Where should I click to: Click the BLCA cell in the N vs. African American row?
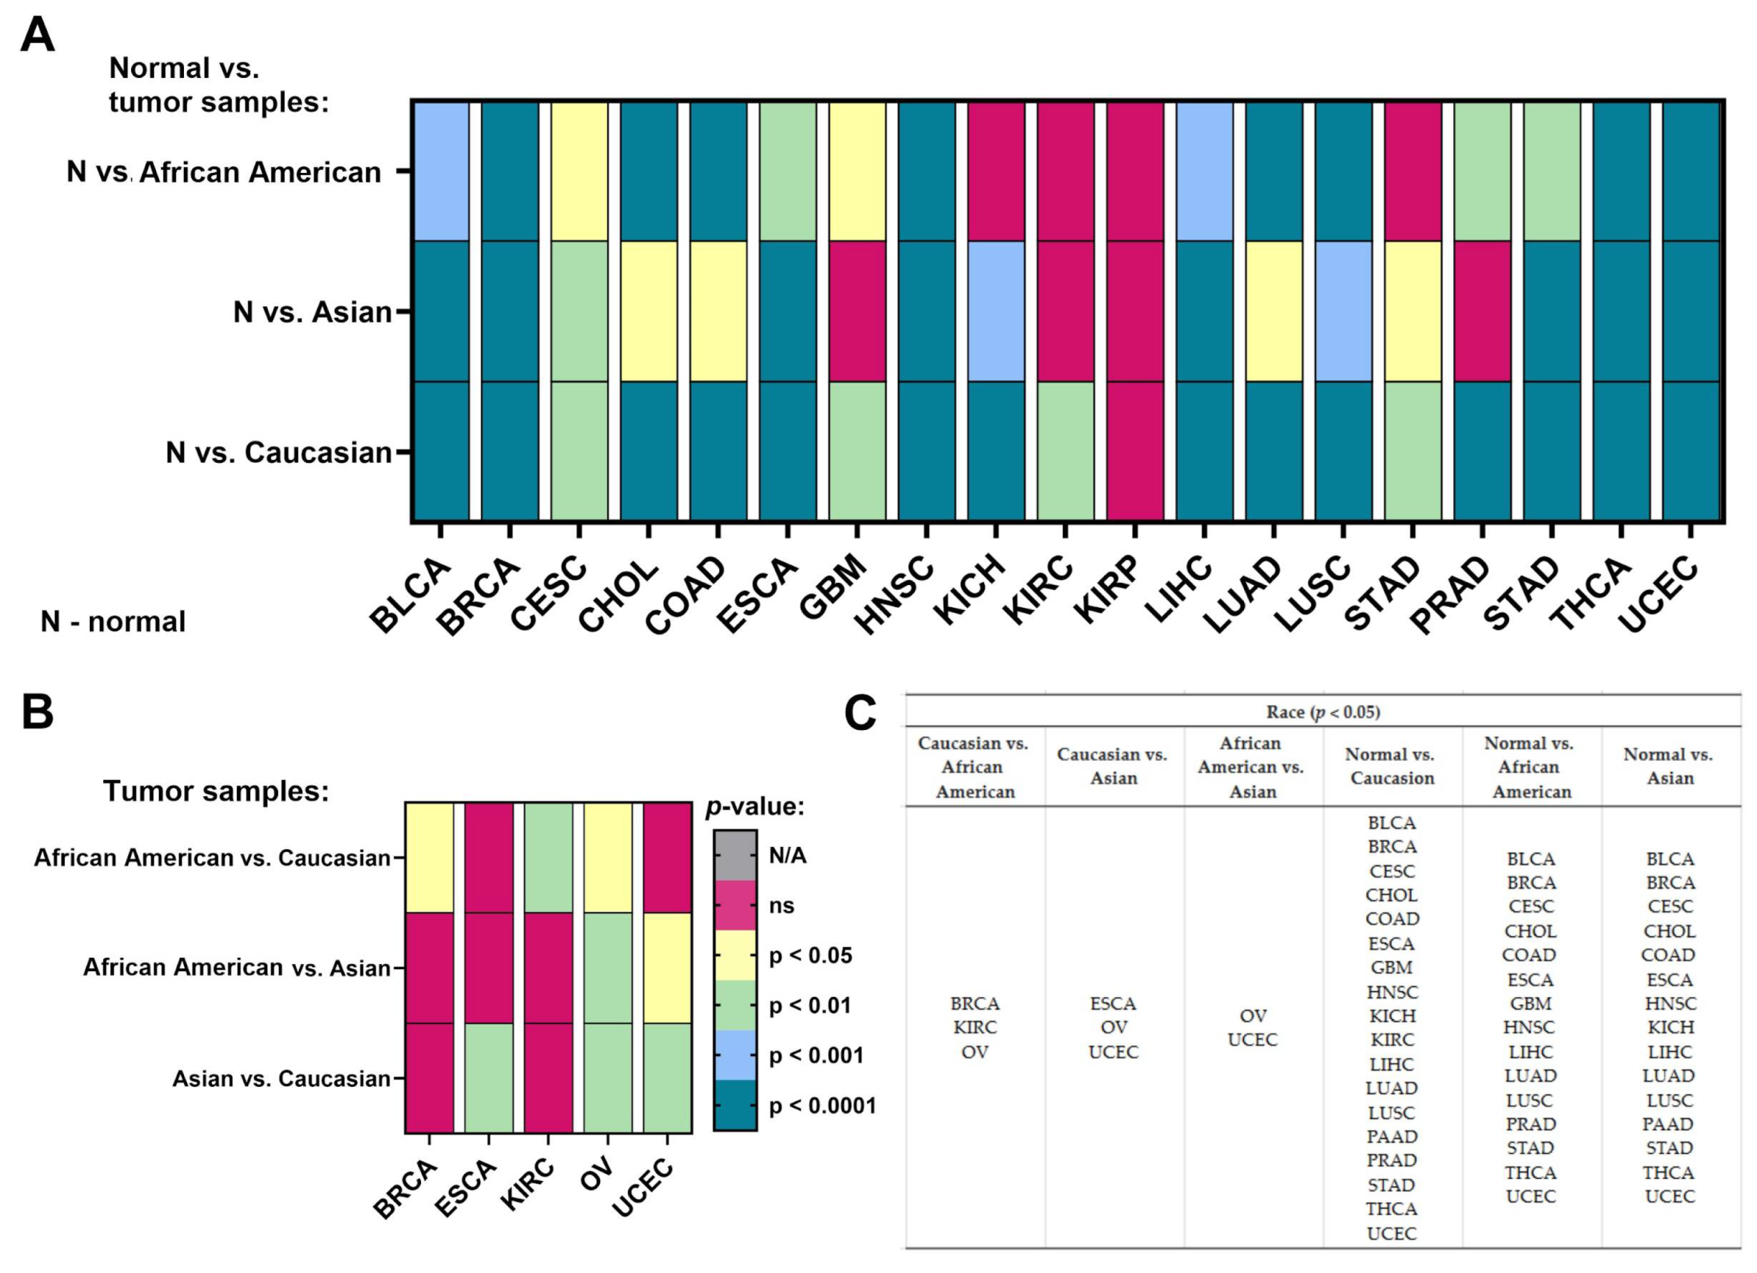click(440, 171)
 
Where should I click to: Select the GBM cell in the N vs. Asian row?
click(857, 312)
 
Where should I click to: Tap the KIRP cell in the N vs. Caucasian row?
click(1135, 451)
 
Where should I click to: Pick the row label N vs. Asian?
click(312, 312)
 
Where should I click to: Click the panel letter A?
click(37, 36)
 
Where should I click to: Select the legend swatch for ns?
click(735, 905)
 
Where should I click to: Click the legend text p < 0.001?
click(815, 1055)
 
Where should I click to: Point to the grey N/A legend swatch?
click(735, 855)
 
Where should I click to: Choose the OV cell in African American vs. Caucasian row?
click(608, 857)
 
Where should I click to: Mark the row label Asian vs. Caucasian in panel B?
click(280, 1078)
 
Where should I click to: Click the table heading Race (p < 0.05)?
click(1323, 711)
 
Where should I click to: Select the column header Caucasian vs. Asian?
click(1112, 765)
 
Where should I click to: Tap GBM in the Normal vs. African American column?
click(1530, 1003)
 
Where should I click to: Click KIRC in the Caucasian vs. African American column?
click(974, 1028)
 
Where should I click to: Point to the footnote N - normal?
click(113, 621)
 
